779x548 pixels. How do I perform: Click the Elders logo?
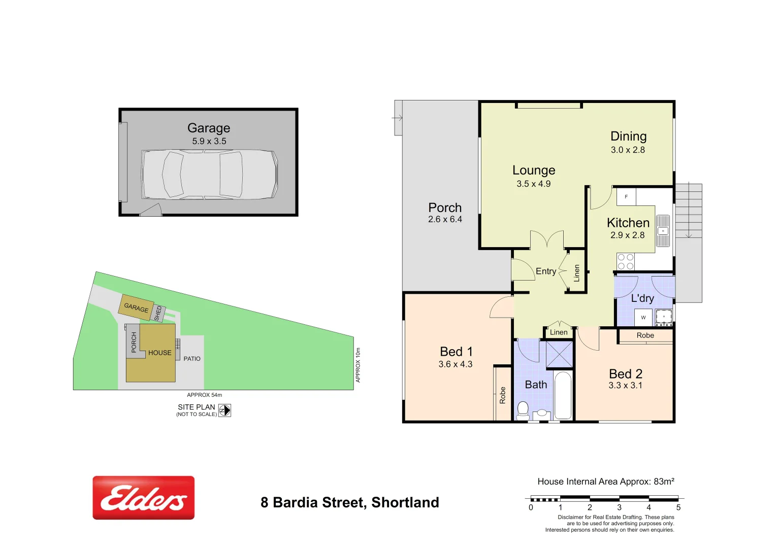[x=143, y=498]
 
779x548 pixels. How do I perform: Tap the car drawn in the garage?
[x=209, y=175]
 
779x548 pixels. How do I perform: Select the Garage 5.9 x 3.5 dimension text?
[x=209, y=142]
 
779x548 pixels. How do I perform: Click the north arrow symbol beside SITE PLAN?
[x=224, y=410]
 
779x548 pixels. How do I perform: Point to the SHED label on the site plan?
[x=158, y=313]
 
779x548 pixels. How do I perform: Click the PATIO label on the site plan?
[x=192, y=359]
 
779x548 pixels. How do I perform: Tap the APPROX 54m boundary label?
[x=204, y=395]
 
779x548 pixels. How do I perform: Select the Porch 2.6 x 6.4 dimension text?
[x=445, y=220]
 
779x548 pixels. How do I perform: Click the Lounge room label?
[x=534, y=170]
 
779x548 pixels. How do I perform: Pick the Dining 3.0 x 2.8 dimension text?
[x=628, y=150]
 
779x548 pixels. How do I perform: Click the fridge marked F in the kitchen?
[x=626, y=197]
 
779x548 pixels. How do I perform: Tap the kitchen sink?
[x=663, y=231]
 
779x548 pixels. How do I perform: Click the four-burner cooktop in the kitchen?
[x=626, y=262]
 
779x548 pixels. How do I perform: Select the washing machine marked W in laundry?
[x=643, y=318]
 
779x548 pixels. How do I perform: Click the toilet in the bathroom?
[x=523, y=409]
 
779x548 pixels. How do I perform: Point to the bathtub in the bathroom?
[x=563, y=396]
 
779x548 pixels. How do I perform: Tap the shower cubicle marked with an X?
[x=559, y=354]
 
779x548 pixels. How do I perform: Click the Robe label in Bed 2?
[x=645, y=335]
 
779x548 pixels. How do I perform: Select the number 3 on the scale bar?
[x=619, y=507]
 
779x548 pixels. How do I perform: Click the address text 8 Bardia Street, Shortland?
[x=350, y=502]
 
